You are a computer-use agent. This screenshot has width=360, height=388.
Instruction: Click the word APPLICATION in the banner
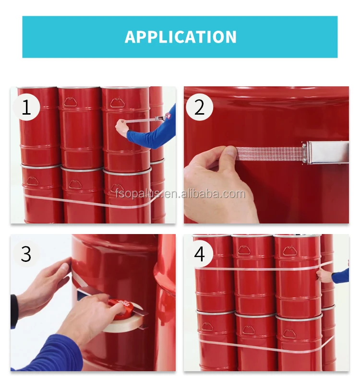[x=180, y=37]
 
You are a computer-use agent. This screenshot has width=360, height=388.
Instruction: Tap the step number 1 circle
[x=26, y=107]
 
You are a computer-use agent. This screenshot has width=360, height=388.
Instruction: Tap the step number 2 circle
[x=199, y=107]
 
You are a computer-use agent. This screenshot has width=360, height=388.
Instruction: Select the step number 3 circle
[x=26, y=254]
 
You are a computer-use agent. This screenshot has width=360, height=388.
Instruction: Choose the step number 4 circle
[x=200, y=254]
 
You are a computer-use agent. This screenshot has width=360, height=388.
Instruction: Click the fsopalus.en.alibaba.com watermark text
[x=180, y=194]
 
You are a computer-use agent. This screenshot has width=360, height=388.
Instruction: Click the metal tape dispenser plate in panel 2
[x=325, y=153]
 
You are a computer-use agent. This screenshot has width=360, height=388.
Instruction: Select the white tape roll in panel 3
[x=124, y=322]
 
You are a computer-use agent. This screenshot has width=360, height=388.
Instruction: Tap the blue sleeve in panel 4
[x=340, y=276]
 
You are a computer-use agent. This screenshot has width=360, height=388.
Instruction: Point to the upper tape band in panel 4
[x=260, y=269]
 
